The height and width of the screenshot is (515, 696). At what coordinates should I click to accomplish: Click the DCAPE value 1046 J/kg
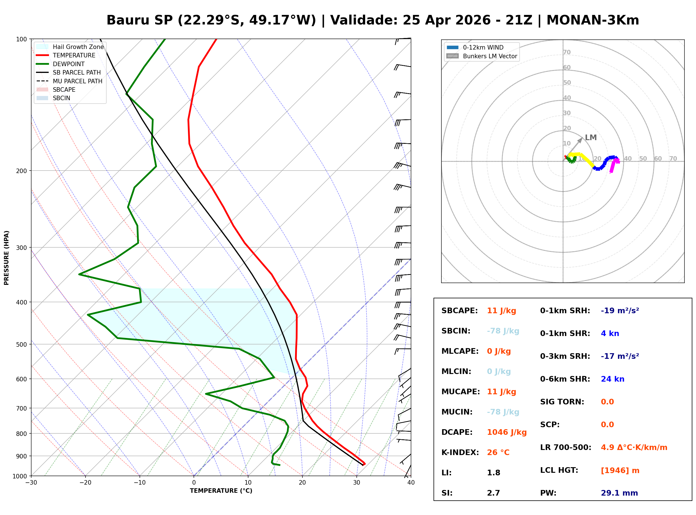pyautogui.click(x=507, y=432)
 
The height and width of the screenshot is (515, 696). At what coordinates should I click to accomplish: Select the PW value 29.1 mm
pyautogui.click(x=619, y=493)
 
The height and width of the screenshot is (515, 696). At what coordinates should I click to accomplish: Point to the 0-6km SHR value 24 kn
pyautogui.click(x=612, y=379)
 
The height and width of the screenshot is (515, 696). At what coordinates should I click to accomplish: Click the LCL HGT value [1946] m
pyautogui.click(x=620, y=471)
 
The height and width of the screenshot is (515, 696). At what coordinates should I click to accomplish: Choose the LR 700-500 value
pyautogui.click(x=634, y=448)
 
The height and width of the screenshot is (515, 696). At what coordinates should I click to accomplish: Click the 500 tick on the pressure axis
pyautogui.click(x=21, y=344)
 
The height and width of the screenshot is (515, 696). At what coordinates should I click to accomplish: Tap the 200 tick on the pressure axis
pyautogui.click(x=21, y=171)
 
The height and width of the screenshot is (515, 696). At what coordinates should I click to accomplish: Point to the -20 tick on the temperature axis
pyautogui.click(x=85, y=483)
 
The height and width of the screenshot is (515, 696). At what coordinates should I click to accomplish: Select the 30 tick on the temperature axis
pyautogui.click(x=356, y=483)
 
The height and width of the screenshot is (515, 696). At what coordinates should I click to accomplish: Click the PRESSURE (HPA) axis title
pyautogui.click(x=6, y=258)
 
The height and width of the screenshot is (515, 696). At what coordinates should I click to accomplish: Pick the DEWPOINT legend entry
pyautogui.click(x=69, y=64)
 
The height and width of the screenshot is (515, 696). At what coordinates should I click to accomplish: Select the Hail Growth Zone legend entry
pyautogui.click(x=78, y=47)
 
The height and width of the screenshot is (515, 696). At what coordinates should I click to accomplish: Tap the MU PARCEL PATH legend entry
pyautogui.click(x=77, y=81)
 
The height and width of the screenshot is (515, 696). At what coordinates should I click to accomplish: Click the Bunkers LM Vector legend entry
pyautogui.click(x=490, y=56)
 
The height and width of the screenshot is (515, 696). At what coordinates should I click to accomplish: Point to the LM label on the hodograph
pyautogui.click(x=591, y=138)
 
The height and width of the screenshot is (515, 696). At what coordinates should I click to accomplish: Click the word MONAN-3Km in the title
pyautogui.click(x=592, y=20)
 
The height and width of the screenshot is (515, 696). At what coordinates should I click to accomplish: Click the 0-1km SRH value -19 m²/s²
pyautogui.click(x=620, y=311)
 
